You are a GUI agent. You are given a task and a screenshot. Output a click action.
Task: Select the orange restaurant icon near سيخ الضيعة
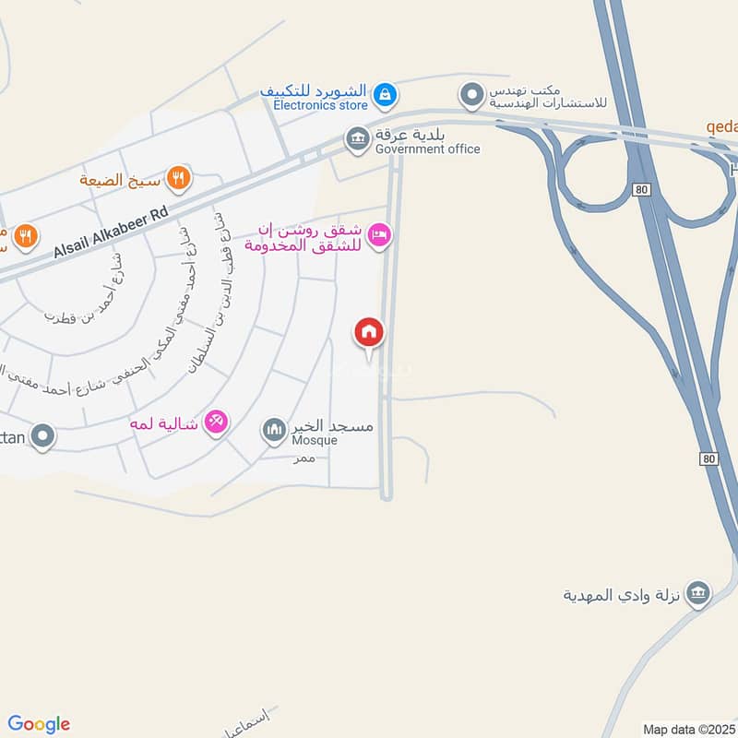[x=178, y=177]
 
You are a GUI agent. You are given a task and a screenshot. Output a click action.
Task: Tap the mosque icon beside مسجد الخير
[x=274, y=430]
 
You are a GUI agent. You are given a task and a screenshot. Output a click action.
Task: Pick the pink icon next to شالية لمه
[x=216, y=422]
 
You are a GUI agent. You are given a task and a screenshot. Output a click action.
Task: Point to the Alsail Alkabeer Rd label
[x=112, y=232]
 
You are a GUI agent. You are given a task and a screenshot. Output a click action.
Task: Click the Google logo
[x=39, y=724]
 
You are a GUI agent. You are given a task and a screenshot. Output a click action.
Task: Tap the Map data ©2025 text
[x=688, y=729]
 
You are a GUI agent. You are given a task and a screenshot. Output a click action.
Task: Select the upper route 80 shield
[x=642, y=188]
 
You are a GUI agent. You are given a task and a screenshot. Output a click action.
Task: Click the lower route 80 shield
[x=708, y=458]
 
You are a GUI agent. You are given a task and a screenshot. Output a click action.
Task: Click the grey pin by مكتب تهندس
[x=472, y=95]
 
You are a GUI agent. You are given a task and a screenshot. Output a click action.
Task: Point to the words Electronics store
[x=320, y=105]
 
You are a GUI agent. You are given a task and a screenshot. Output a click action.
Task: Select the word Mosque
[x=315, y=440]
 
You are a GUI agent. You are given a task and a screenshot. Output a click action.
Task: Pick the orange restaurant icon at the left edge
[x=26, y=237]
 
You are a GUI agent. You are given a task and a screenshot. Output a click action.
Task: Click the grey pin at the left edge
[x=42, y=435]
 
